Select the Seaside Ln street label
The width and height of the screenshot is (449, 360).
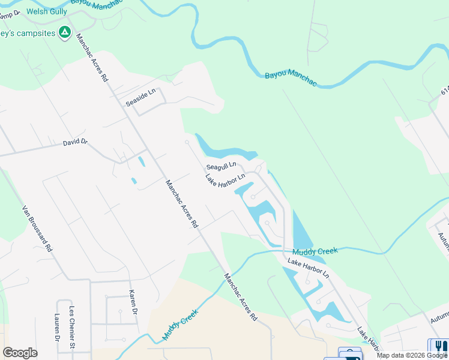[x=140, y=97]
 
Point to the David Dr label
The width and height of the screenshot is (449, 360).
[x=76, y=143]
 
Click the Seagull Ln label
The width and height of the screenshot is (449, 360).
[x=221, y=166]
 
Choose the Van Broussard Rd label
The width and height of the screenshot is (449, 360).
[x=37, y=229]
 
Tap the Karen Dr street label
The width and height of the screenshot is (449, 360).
[x=133, y=303]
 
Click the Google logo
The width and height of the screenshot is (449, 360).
[x=20, y=353]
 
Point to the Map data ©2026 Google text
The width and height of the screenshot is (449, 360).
[x=412, y=355]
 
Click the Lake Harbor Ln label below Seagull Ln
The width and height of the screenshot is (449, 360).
[x=225, y=179]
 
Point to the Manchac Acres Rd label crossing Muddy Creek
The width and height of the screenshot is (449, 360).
[x=240, y=298]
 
